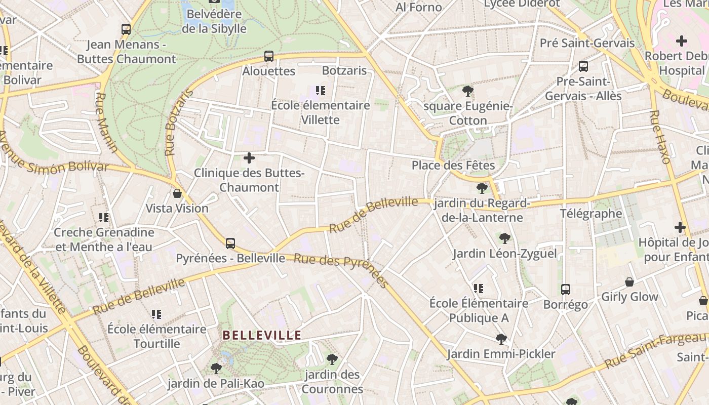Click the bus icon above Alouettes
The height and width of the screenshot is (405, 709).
point(269,56)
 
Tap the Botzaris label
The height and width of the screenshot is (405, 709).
point(344,70)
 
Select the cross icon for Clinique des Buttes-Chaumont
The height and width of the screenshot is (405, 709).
point(249,158)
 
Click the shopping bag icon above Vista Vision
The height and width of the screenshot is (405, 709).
point(177,193)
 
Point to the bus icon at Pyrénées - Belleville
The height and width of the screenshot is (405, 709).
point(230,244)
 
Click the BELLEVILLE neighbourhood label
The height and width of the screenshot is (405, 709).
point(262,335)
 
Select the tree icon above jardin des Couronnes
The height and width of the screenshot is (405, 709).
point(332,359)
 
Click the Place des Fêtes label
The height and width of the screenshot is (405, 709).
point(453,165)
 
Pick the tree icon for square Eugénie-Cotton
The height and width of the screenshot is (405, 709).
point(468,91)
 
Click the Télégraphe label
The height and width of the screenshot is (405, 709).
point(590,213)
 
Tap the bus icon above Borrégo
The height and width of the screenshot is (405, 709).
point(566,290)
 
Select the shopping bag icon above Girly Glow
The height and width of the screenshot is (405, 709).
point(629,282)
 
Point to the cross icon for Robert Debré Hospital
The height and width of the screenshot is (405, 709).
point(682,41)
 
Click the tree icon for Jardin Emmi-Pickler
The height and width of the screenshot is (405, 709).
point(501,339)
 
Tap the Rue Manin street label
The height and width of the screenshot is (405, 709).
point(106,123)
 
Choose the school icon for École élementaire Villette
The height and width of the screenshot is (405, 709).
point(320,91)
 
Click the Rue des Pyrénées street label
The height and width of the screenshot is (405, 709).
point(341,270)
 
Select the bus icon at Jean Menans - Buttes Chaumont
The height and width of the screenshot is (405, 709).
point(126,29)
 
